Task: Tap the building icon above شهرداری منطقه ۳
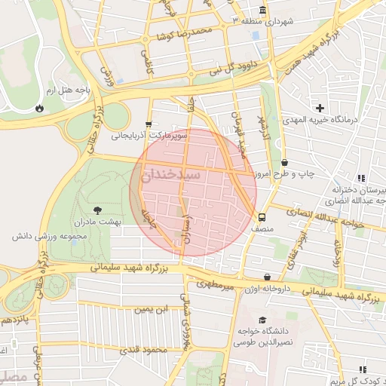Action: click(262, 10)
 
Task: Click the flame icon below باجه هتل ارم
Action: click(39, 109)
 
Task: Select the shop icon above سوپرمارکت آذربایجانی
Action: click(149, 124)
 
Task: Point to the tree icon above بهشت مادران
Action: click(96, 210)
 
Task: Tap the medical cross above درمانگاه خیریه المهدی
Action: click(320, 108)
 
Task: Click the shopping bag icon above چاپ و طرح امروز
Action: click(284, 162)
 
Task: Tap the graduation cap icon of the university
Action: click(262, 320)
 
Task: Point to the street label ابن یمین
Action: click(154, 309)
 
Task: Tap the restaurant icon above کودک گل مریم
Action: click(362, 369)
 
